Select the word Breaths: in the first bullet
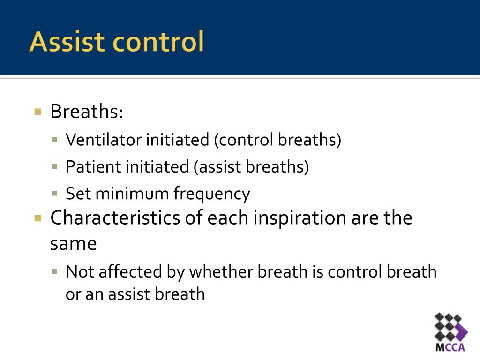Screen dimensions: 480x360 [87, 111]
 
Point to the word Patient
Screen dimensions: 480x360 [93, 166]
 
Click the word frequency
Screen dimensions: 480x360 [212, 194]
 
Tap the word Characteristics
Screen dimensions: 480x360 [115, 217]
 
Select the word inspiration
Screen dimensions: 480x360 [300, 218]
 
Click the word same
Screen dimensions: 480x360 [74, 244]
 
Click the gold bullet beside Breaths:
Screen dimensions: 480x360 [38, 112]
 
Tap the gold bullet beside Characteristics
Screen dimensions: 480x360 [38, 218]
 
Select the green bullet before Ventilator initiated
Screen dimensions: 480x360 [55, 140]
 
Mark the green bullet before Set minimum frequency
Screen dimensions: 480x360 [55, 194]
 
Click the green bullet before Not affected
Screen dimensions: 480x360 [55, 271]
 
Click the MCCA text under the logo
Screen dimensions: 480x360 [450, 347]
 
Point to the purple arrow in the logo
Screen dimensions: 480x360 [461, 331]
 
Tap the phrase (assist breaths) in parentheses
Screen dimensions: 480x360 [251, 167]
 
